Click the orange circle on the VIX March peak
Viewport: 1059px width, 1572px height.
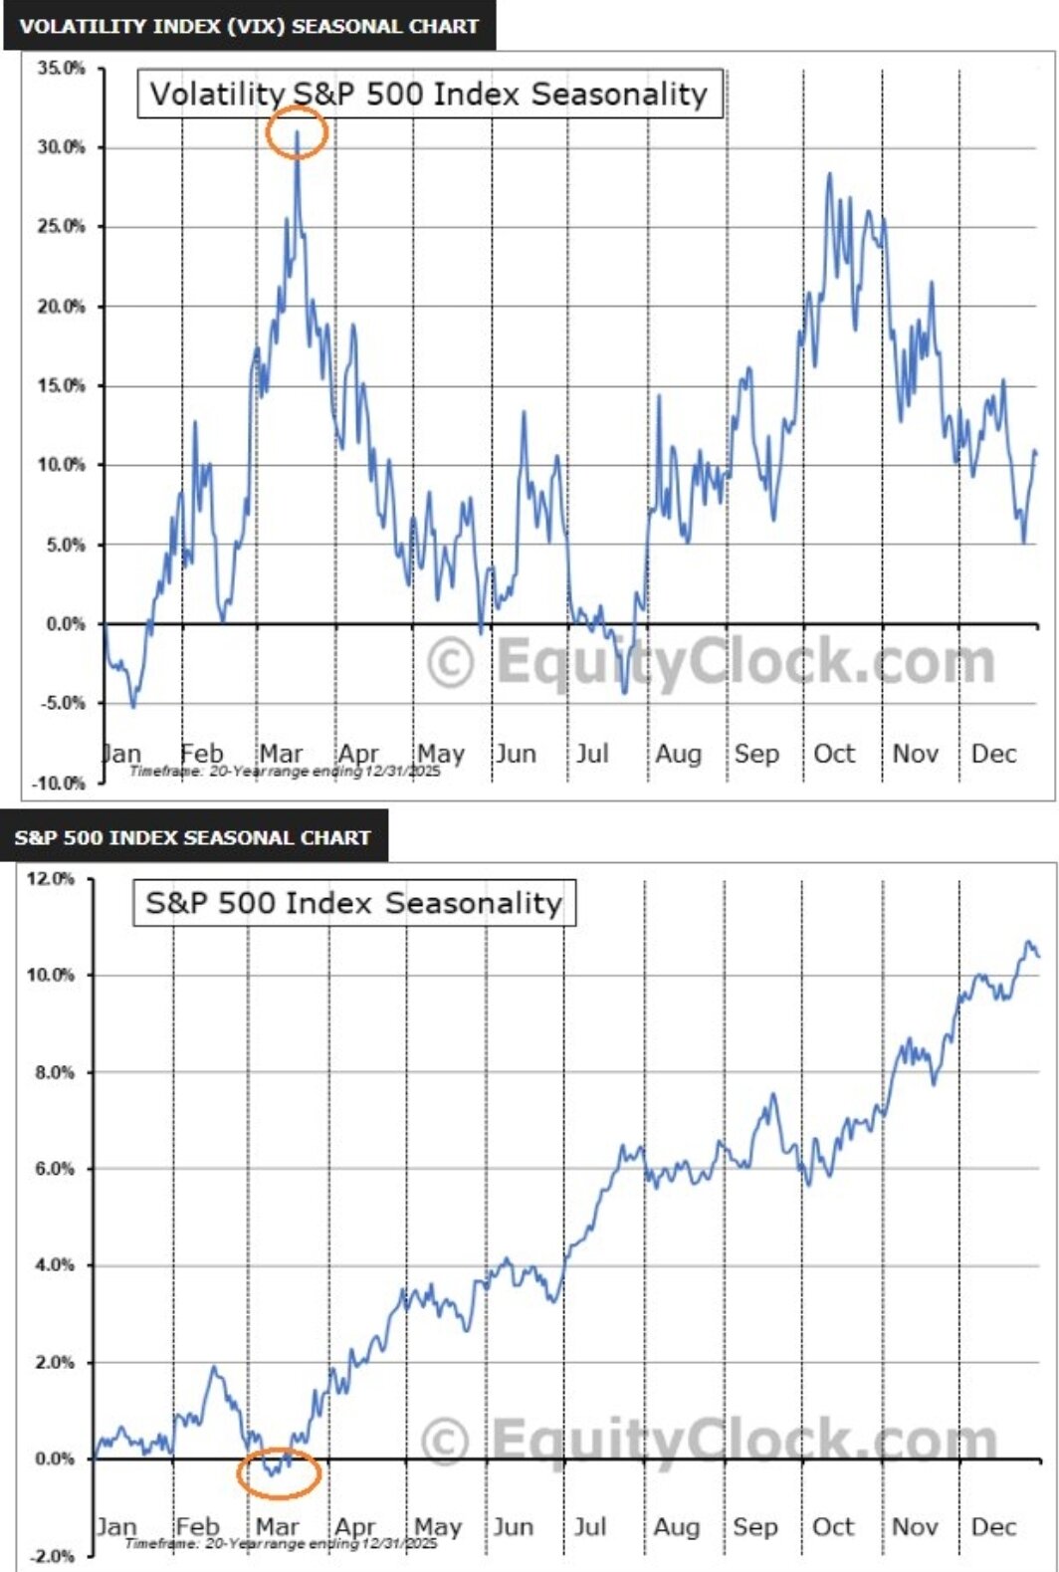click(x=297, y=131)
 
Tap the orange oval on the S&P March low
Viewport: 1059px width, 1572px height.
click(x=280, y=1473)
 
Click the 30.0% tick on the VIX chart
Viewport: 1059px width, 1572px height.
click(x=62, y=147)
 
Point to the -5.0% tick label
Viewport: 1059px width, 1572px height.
click(x=62, y=703)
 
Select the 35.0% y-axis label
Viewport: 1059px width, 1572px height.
click(x=62, y=69)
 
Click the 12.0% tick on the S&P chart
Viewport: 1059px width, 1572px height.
click(x=50, y=879)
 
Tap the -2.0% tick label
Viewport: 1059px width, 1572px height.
click(x=50, y=1556)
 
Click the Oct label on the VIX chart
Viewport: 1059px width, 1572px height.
click(x=834, y=754)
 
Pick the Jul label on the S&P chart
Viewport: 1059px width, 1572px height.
click(x=589, y=1526)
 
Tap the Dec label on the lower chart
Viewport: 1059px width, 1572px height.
click(x=993, y=1526)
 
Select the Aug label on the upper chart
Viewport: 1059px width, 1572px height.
click(x=678, y=754)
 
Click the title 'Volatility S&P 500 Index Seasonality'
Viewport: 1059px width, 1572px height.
click(x=429, y=95)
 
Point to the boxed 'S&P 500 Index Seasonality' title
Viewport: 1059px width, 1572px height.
click(x=354, y=903)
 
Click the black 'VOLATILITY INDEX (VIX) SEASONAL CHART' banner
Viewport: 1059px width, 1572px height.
click(x=249, y=26)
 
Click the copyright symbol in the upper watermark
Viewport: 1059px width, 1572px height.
click(x=451, y=663)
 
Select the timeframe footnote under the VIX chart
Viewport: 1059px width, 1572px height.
click(x=285, y=771)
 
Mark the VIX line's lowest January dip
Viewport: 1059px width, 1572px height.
click(x=133, y=706)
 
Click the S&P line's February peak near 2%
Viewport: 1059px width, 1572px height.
click(x=213, y=1369)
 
